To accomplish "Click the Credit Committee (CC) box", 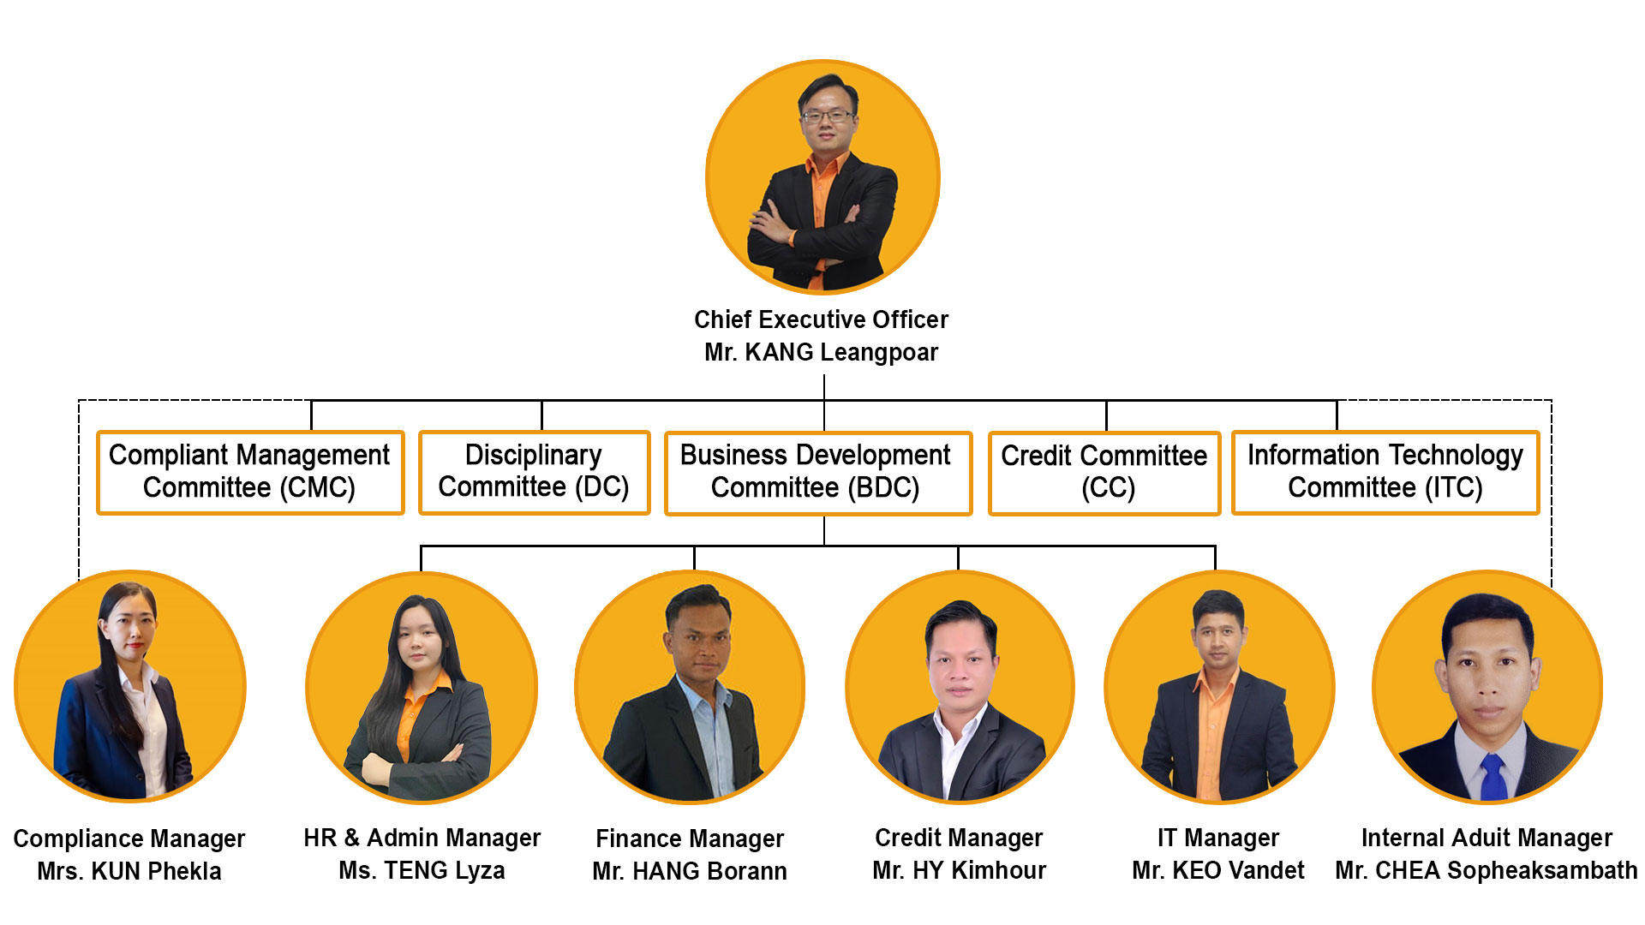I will [1104, 473].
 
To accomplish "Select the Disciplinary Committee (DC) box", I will [534, 472].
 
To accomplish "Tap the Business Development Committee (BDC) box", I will [818, 473].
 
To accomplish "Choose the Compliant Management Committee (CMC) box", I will [250, 472].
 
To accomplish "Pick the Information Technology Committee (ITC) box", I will [1385, 472].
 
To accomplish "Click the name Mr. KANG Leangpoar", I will [821, 352].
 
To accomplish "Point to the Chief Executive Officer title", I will [821, 319].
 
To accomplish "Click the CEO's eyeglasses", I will [827, 116].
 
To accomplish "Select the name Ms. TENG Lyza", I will [422, 871].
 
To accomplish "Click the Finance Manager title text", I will [690, 838].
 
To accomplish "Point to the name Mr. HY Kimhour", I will [959, 871].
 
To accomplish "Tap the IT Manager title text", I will [1217, 838].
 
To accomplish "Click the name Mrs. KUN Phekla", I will [129, 872].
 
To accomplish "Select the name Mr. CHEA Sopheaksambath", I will [1486, 871].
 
